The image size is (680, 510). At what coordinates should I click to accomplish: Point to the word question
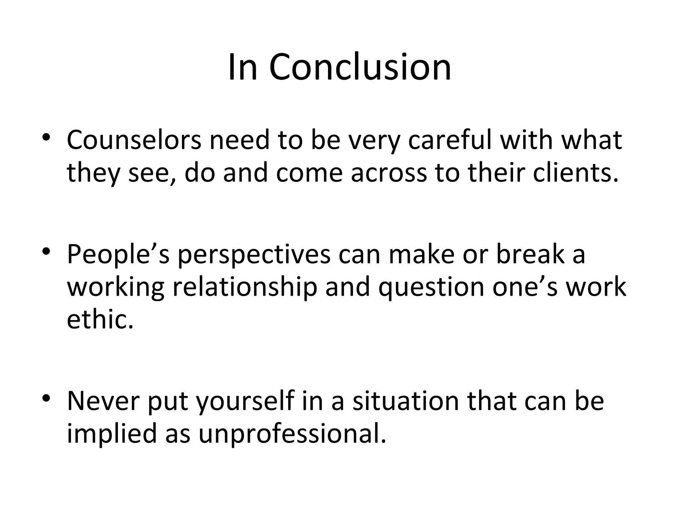click(431, 288)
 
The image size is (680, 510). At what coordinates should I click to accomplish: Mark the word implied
click(112, 434)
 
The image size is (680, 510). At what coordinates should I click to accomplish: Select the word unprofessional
click(293, 434)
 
